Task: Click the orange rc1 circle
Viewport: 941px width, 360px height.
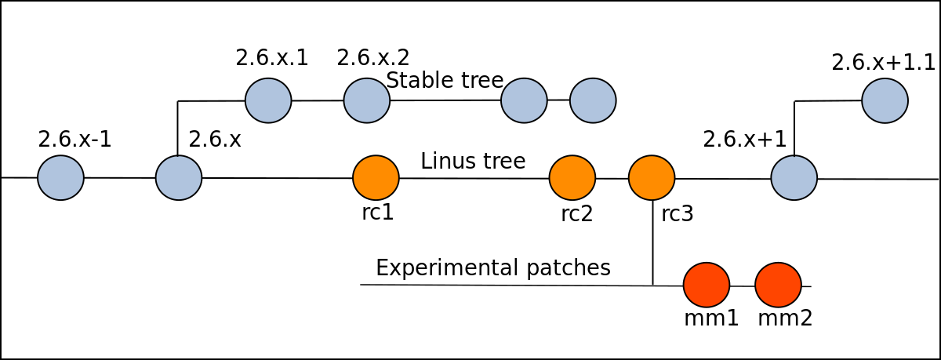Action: pyautogui.click(x=376, y=178)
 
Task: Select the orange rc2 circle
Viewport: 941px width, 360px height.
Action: pyautogui.click(x=572, y=178)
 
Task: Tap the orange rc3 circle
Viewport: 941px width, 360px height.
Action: pyautogui.click(x=652, y=178)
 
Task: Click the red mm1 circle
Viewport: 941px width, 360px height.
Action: pyautogui.click(x=707, y=285)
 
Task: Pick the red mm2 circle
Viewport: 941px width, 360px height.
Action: pyautogui.click(x=778, y=285)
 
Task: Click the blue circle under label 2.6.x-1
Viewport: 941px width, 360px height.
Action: pyautogui.click(x=60, y=178)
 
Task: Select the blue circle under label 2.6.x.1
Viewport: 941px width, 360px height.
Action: pyautogui.click(x=268, y=100)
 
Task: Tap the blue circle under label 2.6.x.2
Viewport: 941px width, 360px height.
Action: pyautogui.click(x=367, y=100)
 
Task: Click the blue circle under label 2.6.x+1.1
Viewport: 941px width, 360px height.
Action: pyautogui.click(x=885, y=100)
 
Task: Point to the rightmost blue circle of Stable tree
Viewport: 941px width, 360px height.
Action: pyautogui.click(x=593, y=100)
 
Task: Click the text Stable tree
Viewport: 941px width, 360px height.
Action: pyautogui.click(x=445, y=80)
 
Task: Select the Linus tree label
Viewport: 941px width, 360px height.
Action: pyautogui.click(x=473, y=161)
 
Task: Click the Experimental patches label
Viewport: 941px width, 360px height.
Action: pyautogui.click(x=493, y=267)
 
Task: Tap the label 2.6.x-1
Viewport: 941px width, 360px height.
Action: pyautogui.click(x=74, y=139)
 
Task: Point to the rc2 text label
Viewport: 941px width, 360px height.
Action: pyautogui.click(x=577, y=214)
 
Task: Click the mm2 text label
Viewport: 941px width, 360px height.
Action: pyautogui.click(x=785, y=318)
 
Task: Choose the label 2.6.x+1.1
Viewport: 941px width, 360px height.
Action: pyautogui.click(x=883, y=64)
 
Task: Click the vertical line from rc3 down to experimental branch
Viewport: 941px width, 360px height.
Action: pyautogui.click(x=652, y=242)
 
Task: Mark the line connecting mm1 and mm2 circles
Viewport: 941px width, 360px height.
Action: pyautogui.click(x=743, y=286)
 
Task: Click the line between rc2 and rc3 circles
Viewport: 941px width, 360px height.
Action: pyautogui.click(x=612, y=179)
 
